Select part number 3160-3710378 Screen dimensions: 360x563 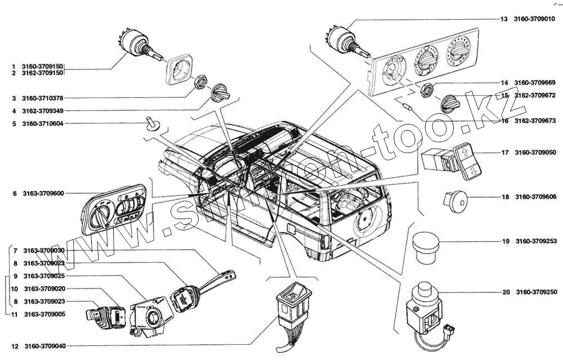point(43,98)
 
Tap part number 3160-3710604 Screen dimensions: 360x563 point(43,123)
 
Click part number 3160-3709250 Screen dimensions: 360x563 point(536,292)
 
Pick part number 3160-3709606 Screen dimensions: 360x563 point(536,197)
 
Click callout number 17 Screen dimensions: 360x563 point(505,152)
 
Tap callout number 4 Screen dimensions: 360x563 point(14,110)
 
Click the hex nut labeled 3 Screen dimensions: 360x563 point(200,83)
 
